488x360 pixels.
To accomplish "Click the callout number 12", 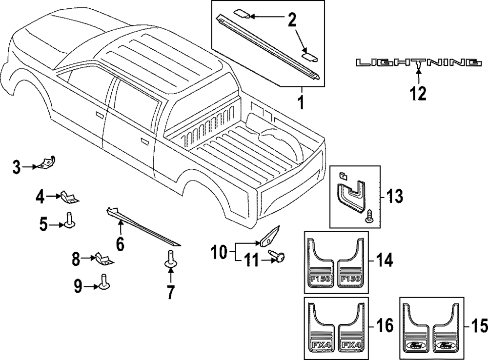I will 418,93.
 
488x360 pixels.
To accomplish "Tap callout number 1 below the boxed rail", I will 301,103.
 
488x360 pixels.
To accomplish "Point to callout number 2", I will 291,20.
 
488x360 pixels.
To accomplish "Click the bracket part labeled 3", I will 48,162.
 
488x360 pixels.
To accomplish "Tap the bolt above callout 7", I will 171,259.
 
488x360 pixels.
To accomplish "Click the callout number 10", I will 220,252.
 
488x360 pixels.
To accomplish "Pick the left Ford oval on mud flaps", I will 414,346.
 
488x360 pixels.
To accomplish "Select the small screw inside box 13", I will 369,216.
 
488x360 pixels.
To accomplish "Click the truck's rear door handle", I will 144,141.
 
